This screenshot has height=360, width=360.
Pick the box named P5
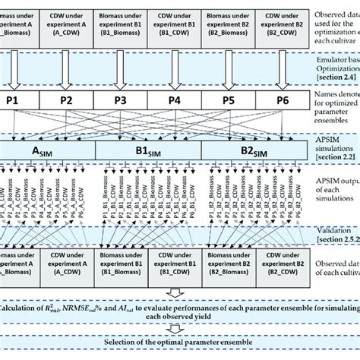226,99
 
